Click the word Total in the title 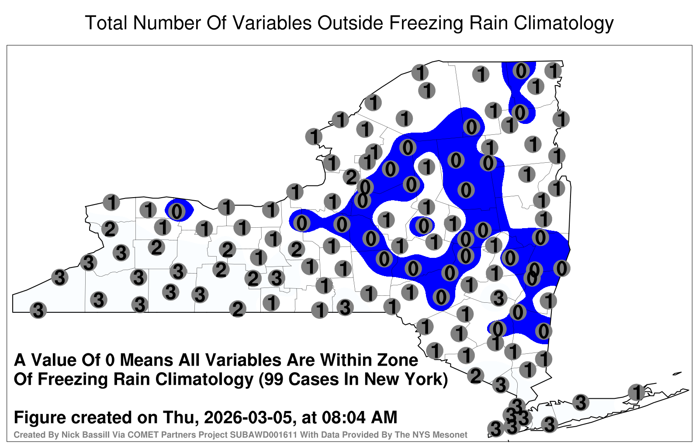tap(106, 23)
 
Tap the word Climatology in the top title tap(564, 24)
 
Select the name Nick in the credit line tap(68, 435)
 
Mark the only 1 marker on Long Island tap(636, 392)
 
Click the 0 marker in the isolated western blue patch tap(176, 212)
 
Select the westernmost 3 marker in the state tap(38, 310)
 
